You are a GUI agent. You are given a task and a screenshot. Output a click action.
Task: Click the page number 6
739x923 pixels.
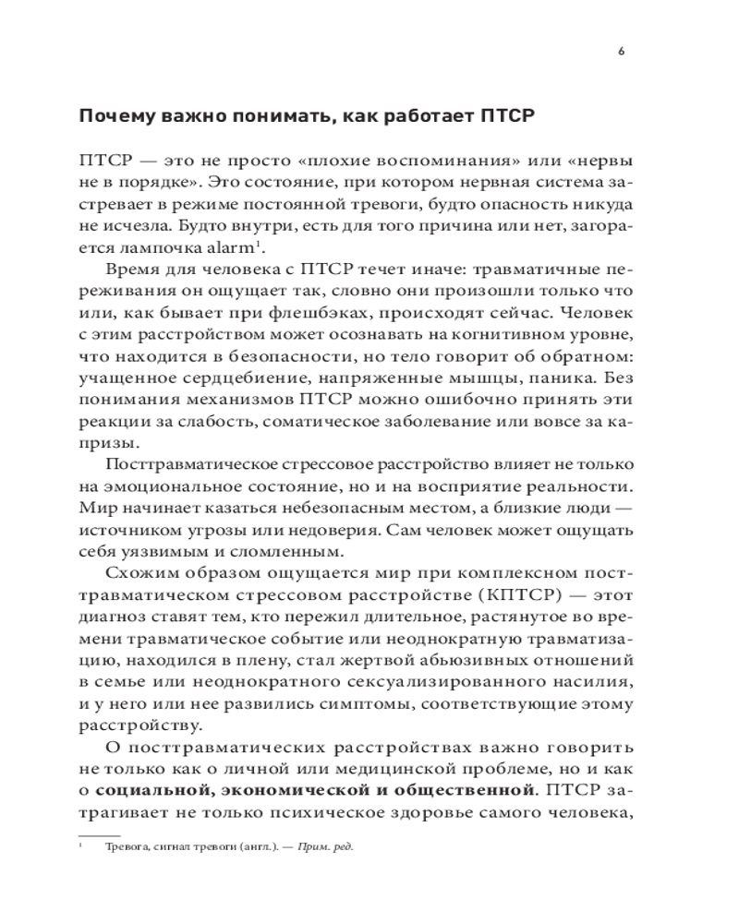[621, 52]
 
